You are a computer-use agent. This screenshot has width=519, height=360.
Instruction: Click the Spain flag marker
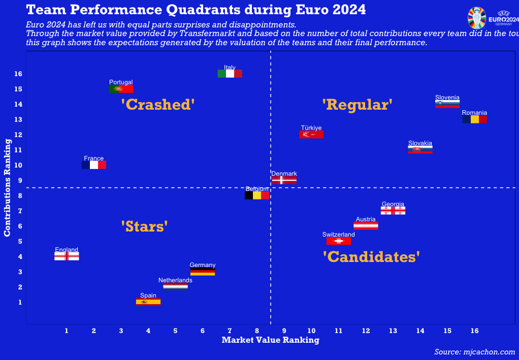(148, 302)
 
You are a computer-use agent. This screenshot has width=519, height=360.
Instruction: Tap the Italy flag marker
(230, 74)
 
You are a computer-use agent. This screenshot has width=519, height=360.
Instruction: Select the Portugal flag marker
(121, 89)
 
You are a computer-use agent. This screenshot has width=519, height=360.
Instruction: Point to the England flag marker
(67, 256)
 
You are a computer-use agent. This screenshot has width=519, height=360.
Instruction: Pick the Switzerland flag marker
(339, 241)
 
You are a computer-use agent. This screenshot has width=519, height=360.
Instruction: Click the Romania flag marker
(474, 119)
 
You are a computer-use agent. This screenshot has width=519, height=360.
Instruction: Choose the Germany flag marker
(203, 272)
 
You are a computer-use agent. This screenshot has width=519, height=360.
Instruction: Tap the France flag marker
(94, 165)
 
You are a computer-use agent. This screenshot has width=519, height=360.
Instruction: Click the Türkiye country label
(311, 128)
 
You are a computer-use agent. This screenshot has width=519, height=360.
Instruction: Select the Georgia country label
(393, 204)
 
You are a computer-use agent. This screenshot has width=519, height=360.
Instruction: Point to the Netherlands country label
(175, 280)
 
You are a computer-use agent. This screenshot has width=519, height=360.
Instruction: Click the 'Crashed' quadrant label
(158, 105)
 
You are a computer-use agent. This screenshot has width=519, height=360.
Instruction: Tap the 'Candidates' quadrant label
(371, 257)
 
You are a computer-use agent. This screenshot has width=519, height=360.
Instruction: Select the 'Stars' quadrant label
(144, 226)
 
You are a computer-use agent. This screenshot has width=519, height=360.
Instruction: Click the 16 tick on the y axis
(18, 74)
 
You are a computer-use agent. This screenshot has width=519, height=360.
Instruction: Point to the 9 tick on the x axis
(284, 331)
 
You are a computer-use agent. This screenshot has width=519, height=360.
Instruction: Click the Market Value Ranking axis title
(270, 340)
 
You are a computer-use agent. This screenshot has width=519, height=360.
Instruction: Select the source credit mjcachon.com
(474, 352)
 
